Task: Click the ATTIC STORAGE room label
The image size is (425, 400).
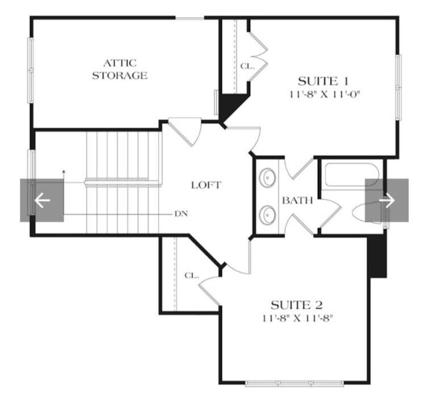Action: click(120, 69)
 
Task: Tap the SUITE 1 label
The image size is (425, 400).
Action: click(323, 81)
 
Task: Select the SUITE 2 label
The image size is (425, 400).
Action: click(297, 305)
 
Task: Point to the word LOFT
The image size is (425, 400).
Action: click(207, 185)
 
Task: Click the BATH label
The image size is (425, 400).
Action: click(297, 200)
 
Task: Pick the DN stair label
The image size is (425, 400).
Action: click(182, 214)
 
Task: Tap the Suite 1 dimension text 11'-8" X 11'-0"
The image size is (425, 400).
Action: click(325, 95)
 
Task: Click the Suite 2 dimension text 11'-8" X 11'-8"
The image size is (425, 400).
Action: click(297, 318)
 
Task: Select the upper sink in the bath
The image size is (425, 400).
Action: click(267, 178)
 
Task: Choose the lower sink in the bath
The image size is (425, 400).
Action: click(267, 214)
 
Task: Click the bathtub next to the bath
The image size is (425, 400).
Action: click(352, 175)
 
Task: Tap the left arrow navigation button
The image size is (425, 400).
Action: click(42, 200)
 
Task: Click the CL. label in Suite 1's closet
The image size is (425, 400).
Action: click(247, 66)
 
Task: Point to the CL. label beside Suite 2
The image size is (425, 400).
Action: click(192, 276)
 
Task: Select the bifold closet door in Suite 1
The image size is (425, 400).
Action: click(259, 57)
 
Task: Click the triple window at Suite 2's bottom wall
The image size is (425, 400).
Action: click(294, 383)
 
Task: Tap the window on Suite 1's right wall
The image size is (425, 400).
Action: click(398, 87)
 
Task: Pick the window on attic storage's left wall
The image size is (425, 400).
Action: click(31, 70)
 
